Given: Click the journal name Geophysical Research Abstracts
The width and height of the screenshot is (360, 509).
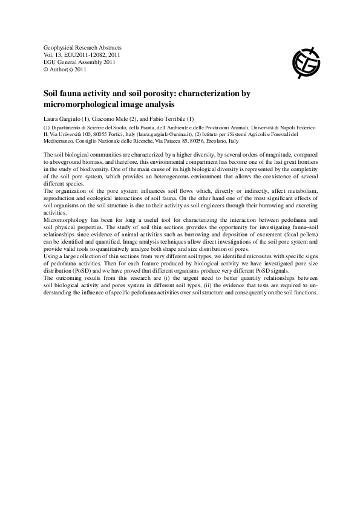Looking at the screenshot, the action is point(83,47).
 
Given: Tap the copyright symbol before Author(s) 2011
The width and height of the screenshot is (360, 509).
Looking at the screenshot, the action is point(47,69).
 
